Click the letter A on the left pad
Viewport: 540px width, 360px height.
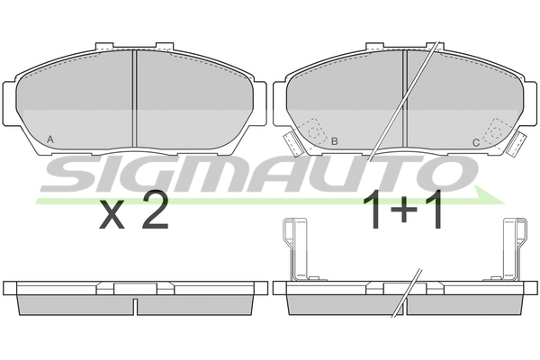pos(49,139)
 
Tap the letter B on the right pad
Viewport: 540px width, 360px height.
pos(334,141)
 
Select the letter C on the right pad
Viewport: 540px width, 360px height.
pos(475,142)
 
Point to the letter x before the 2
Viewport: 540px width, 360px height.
pos(111,217)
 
